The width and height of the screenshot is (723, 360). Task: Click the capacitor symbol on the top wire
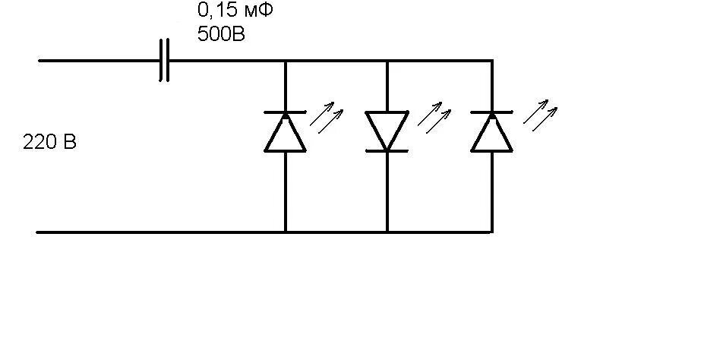pyautogui.click(x=164, y=60)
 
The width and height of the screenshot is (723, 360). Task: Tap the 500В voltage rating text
pyautogui.click(x=221, y=34)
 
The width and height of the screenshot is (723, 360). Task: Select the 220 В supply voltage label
pyautogui.click(x=50, y=142)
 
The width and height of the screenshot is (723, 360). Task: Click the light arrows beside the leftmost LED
pyautogui.click(x=330, y=118)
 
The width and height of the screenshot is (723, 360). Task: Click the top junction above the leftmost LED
pyautogui.click(x=285, y=60)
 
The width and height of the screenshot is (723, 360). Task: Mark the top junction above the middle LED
pyautogui.click(x=387, y=60)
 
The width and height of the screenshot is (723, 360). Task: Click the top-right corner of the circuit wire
pyautogui.click(x=492, y=60)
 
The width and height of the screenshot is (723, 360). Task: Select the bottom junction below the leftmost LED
pyautogui.click(x=285, y=232)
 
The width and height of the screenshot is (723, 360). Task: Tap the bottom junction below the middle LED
pyautogui.click(x=387, y=232)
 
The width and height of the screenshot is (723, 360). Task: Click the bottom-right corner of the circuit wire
pyautogui.click(x=492, y=232)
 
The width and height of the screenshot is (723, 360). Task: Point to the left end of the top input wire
pyautogui.click(x=39, y=60)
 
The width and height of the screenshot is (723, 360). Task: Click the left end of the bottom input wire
pyautogui.click(x=39, y=232)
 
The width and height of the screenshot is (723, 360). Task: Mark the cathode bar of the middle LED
pyautogui.click(x=387, y=151)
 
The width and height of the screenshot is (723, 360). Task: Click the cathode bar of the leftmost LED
pyautogui.click(x=285, y=112)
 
